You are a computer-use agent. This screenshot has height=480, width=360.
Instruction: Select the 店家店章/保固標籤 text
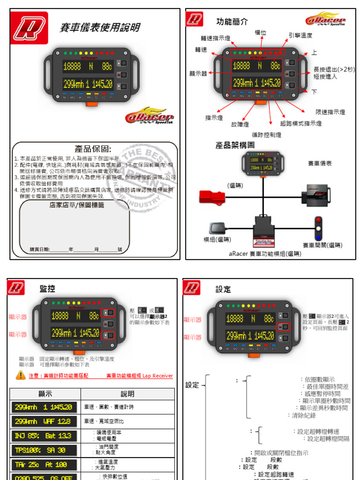(x=77, y=205)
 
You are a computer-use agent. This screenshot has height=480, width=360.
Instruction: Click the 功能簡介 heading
(x=232, y=22)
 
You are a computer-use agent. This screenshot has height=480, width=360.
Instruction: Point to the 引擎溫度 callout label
(x=300, y=35)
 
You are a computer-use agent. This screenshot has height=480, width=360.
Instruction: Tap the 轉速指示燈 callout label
(x=215, y=38)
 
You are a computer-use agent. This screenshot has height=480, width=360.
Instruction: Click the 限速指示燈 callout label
(x=330, y=112)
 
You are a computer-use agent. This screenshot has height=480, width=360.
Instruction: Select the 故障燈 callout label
(x=240, y=124)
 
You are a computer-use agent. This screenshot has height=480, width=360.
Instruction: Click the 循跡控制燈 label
(x=266, y=135)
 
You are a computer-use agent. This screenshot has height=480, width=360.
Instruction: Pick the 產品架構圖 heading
(x=235, y=145)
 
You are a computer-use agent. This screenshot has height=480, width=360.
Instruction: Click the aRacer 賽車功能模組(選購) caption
(x=265, y=254)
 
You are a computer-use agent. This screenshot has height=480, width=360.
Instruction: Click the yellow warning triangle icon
(x=21, y=375)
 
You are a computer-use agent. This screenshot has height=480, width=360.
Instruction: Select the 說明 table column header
(x=127, y=394)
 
